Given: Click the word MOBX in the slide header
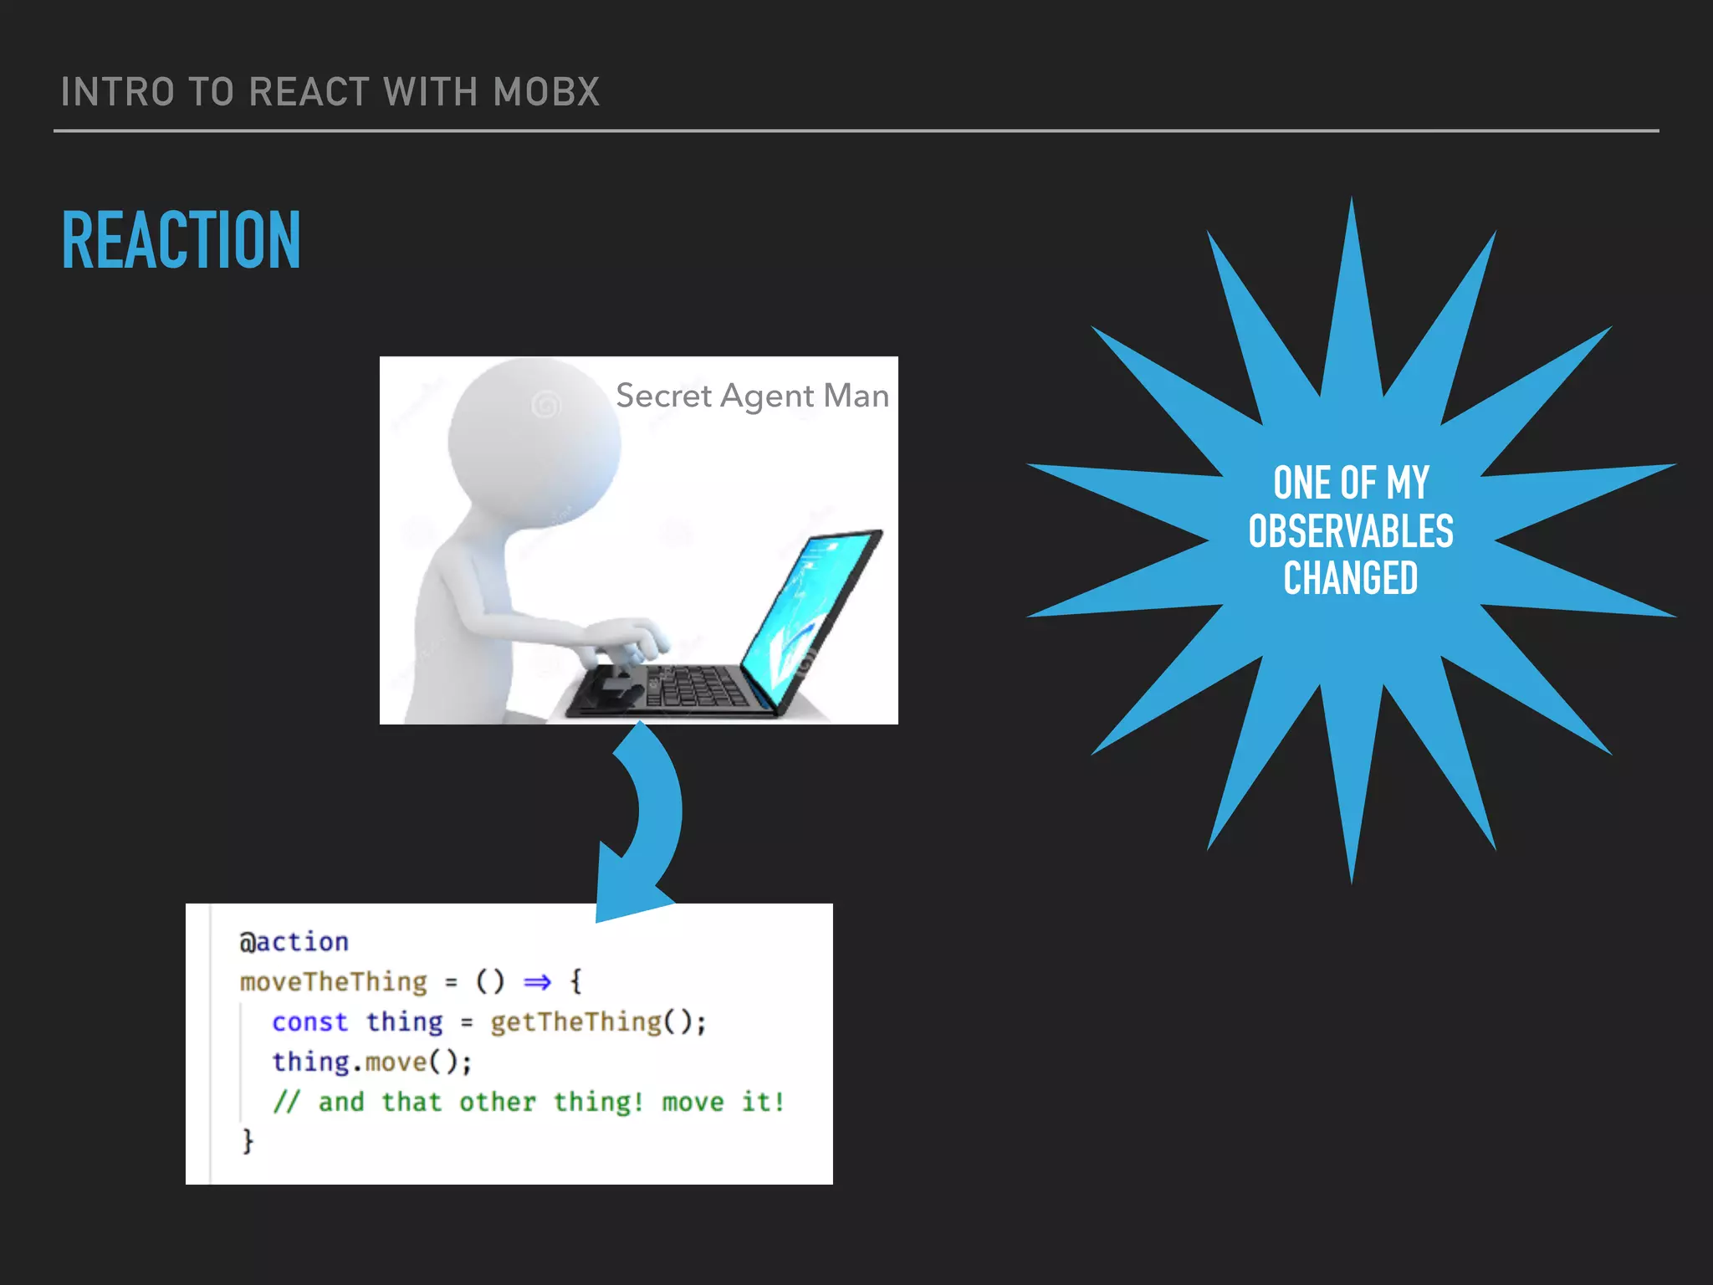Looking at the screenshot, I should [x=546, y=92].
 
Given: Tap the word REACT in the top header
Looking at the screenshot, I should [x=309, y=92].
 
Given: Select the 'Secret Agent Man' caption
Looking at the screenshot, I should [x=752, y=396].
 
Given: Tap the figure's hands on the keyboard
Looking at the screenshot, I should [x=627, y=640].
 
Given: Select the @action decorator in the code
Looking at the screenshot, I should [x=294, y=942].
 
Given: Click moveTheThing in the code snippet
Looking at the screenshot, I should [x=333, y=981].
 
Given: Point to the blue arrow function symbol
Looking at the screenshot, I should [x=537, y=981].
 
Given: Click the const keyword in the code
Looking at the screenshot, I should [x=309, y=1021].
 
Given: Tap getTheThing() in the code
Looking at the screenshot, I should [x=597, y=1021].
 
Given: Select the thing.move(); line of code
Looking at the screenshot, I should [x=371, y=1062].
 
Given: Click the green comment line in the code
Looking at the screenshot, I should [x=529, y=1102].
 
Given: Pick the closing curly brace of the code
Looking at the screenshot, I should [x=248, y=1140].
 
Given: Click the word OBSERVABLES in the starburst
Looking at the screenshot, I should [x=1351, y=531].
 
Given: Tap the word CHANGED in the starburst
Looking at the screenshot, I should [x=1351, y=578].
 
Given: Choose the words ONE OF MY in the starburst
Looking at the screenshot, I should [x=1351, y=484].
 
